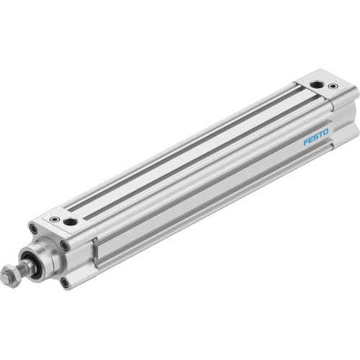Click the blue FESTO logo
point(315,135)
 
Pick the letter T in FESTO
point(320,133)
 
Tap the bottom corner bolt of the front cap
point(66,282)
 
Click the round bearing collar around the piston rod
point(47,255)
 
